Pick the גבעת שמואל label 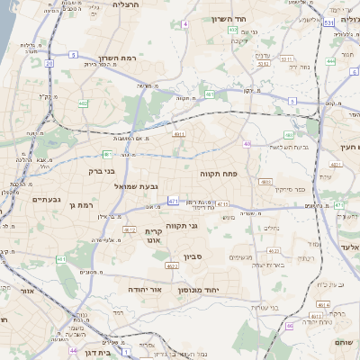136,185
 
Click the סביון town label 194,256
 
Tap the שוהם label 345,342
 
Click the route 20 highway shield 49,64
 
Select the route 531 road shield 329,22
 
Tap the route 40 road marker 247,144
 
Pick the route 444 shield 331,61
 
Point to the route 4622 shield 171,265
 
